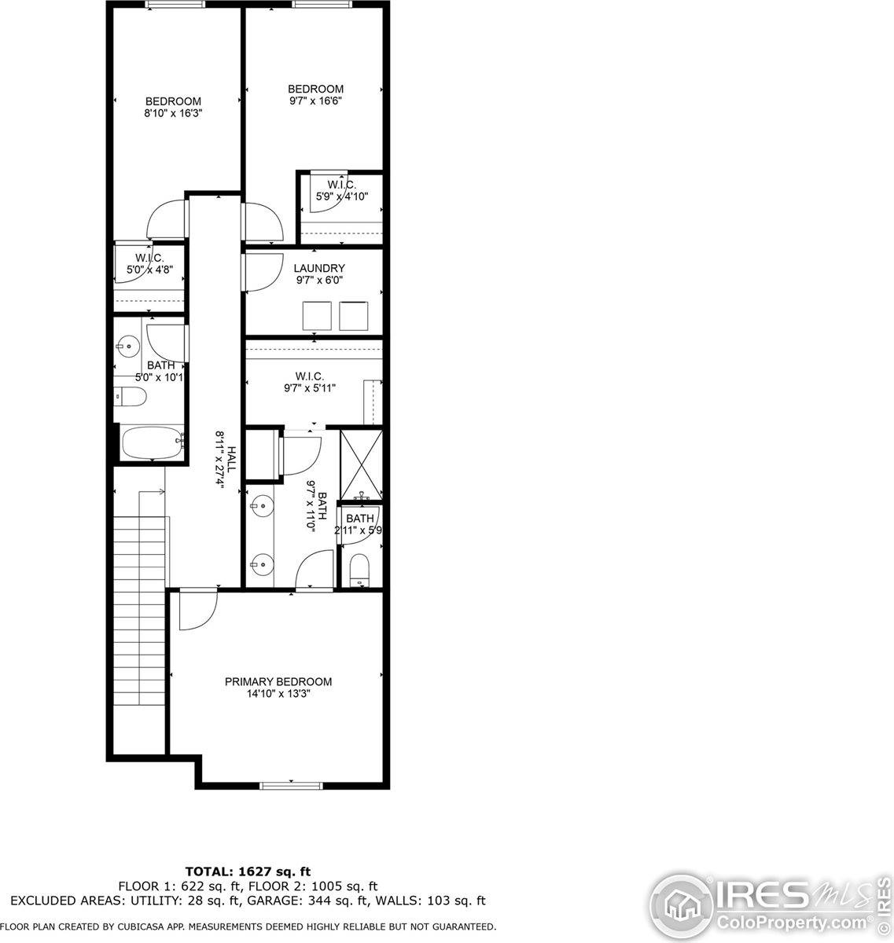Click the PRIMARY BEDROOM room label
pyautogui.click(x=278, y=681)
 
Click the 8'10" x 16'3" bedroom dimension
pyautogui.click(x=173, y=113)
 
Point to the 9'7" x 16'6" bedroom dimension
pyautogui.click(x=315, y=101)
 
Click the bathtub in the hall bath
pyautogui.click(x=153, y=444)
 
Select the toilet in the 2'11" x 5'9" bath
pyautogui.click(x=360, y=568)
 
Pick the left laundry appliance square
pyautogui.click(x=318, y=315)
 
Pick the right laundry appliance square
pyautogui.click(x=354, y=315)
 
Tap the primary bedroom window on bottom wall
pyautogui.click(x=292, y=784)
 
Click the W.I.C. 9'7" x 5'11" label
pyautogui.click(x=309, y=381)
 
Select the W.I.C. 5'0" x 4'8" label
pyautogui.click(x=149, y=263)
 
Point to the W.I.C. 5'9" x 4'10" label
pyautogui.click(x=341, y=190)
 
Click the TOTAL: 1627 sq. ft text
pyautogui.click(x=248, y=871)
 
